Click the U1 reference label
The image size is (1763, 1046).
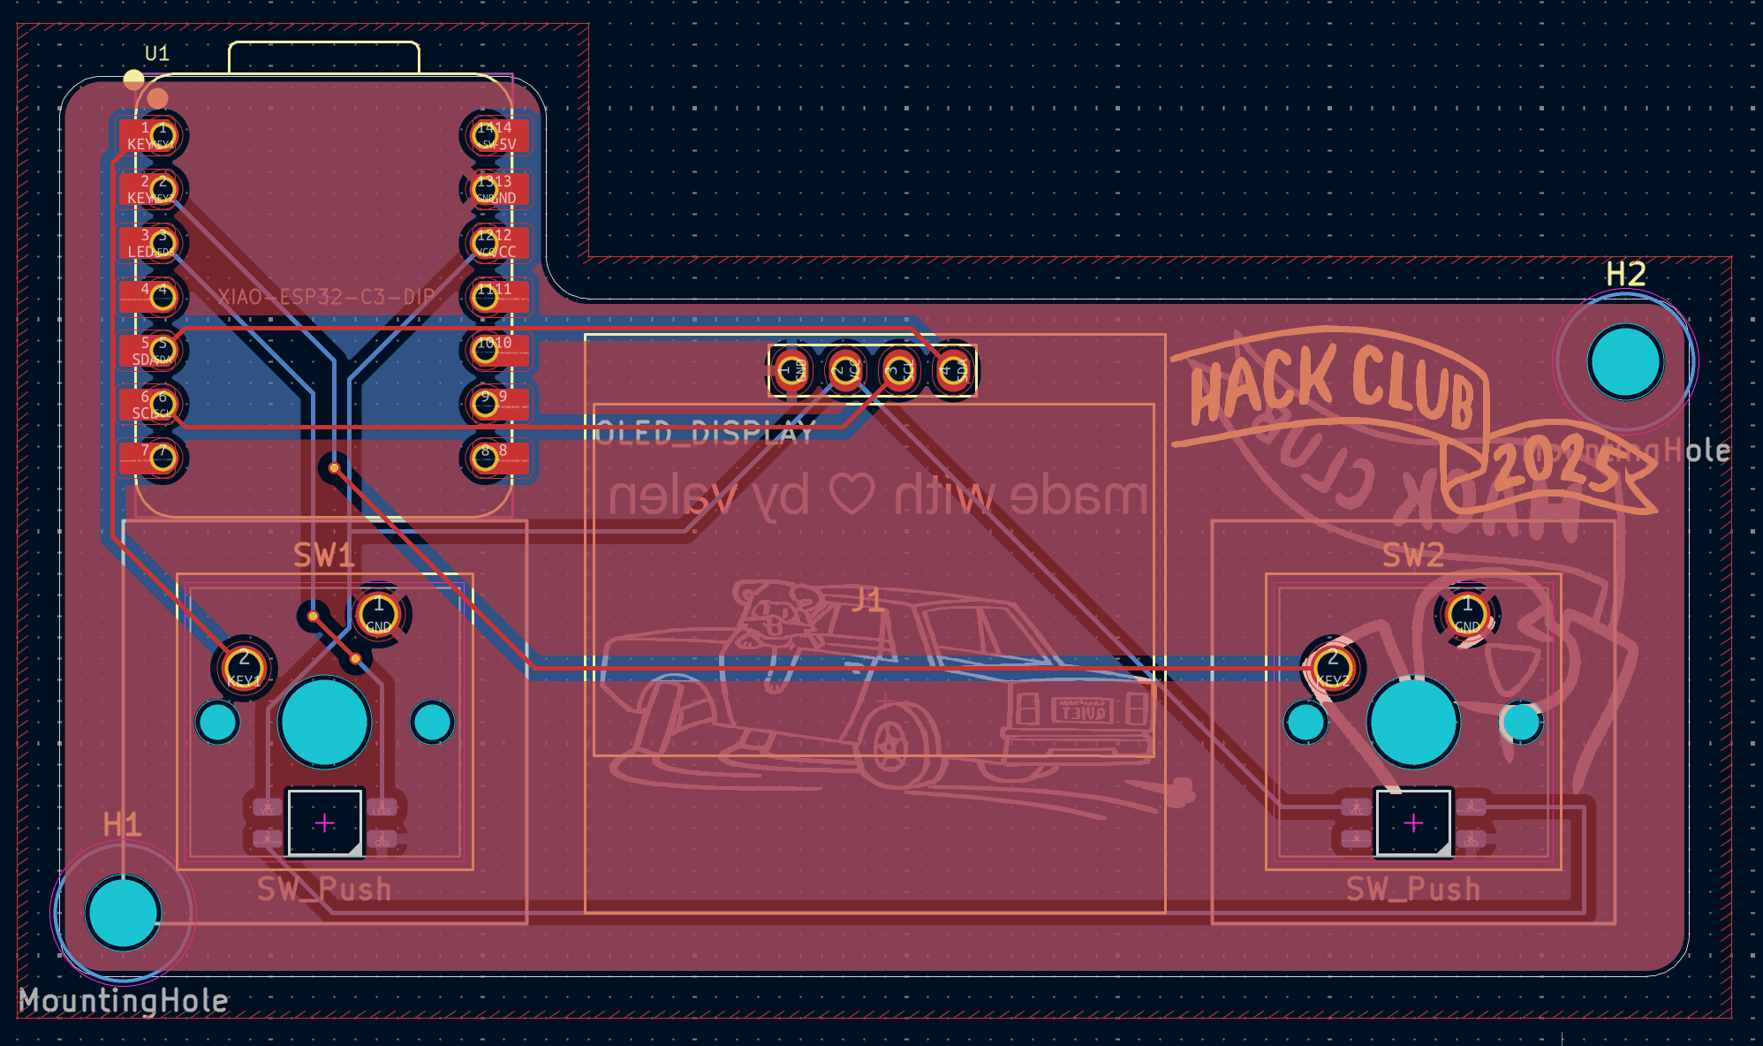click(157, 54)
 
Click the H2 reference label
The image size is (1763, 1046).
click(1625, 275)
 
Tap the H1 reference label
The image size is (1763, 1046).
click(122, 825)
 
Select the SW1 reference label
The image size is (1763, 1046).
click(324, 556)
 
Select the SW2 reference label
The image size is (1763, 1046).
click(1413, 556)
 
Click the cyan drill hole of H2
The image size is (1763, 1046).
click(1625, 361)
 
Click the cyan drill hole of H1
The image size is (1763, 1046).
click(123, 913)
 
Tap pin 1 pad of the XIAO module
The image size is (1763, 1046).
click(162, 135)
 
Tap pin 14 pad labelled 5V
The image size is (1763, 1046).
click(486, 135)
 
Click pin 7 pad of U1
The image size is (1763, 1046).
click(162, 458)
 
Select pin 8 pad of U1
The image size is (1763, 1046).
click(486, 458)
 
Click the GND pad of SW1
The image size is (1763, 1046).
click(379, 614)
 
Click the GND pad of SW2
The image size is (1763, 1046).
click(1467, 614)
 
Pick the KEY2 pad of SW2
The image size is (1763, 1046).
click(1332, 667)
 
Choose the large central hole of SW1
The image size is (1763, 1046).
click(324, 722)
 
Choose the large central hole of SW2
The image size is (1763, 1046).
click(1413, 722)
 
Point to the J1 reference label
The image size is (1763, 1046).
click(867, 601)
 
